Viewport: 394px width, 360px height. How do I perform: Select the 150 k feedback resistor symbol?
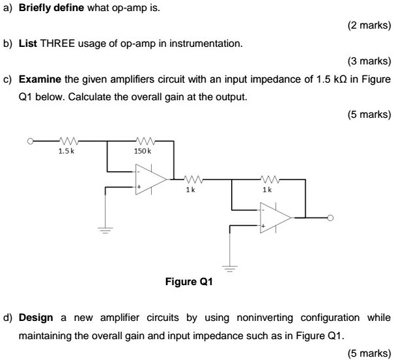click(x=144, y=140)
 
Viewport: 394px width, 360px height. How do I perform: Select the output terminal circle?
click(x=331, y=217)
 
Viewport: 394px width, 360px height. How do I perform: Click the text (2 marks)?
click(x=369, y=27)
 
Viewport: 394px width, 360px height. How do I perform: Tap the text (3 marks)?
click(x=369, y=62)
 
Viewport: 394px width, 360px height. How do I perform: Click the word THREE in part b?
click(x=57, y=44)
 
